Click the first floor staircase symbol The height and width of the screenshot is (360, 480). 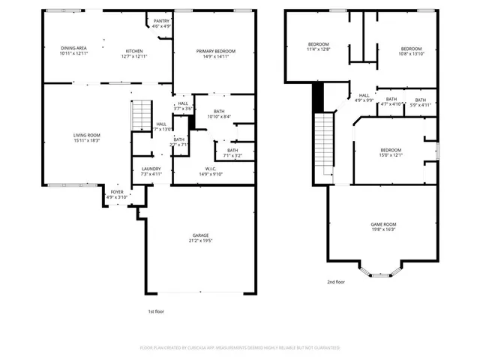140,115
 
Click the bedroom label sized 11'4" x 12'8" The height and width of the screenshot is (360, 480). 319,47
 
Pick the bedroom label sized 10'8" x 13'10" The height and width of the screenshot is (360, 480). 411,49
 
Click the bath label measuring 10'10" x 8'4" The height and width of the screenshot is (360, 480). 219,113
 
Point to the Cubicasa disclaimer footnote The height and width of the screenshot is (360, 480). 240,347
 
